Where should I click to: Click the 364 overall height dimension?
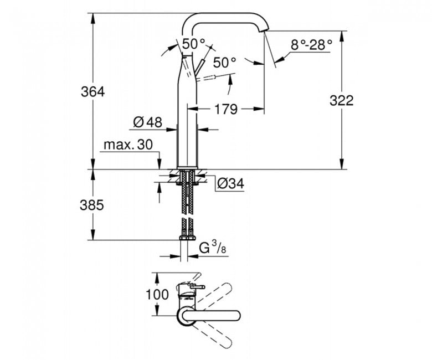[92, 92]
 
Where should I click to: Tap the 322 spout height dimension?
[341, 101]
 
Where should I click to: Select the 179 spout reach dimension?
[226, 109]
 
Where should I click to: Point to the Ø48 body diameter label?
[148, 122]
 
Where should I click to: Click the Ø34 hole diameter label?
[230, 183]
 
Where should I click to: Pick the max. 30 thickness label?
[128, 145]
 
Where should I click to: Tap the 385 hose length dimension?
[92, 205]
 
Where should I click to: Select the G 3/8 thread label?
[213, 248]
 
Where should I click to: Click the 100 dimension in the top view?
[157, 295]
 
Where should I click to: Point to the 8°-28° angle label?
[311, 45]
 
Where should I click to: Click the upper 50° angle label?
[194, 44]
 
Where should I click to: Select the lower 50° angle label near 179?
[224, 63]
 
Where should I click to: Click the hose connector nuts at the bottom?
[187, 238]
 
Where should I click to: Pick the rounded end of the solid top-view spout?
[236, 316]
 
